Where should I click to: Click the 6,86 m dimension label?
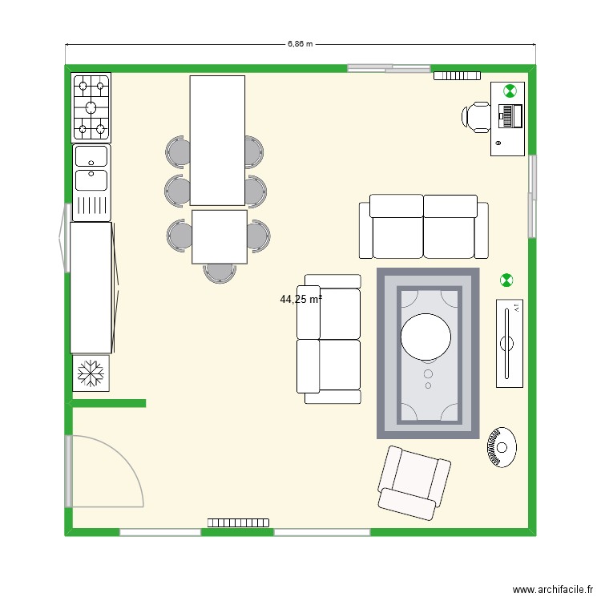tap(300, 45)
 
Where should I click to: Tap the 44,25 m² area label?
tap(300, 300)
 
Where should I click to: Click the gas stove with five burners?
tap(91, 106)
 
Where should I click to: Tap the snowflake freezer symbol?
tap(91, 373)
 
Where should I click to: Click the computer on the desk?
tap(510, 115)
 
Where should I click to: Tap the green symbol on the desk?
tap(509, 91)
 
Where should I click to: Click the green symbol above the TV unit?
tap(506, 280)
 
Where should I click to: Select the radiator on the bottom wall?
tap(238, 522)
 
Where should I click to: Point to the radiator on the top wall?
tap(456, 75)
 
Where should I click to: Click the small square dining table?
tap(220, 237)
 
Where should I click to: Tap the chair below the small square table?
tap(220, 272)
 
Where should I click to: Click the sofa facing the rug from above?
tap(423, 227)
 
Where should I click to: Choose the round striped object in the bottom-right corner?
tap(500, 446)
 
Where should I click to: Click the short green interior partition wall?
tap(109, 403)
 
